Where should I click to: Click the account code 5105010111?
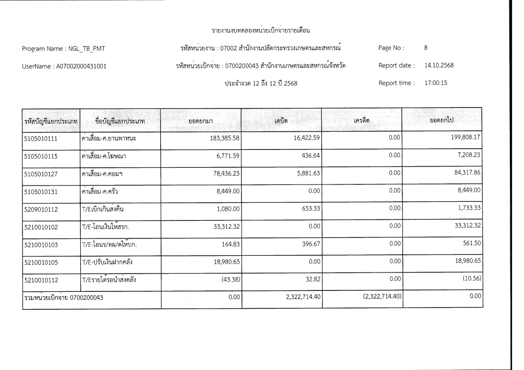tap(41, 138)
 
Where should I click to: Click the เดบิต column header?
tap(282, 121)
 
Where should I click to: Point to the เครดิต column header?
tap(362, 121)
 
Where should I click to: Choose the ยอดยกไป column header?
tap(442, 121)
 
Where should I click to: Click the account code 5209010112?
tap(41, 210)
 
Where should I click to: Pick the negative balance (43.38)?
tap(227, 280)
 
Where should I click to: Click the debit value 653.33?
tap(308, 209)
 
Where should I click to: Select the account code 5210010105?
tap(41, 263)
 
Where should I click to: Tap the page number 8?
tap(426, 48)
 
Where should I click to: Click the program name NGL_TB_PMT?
tap(85, 49)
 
